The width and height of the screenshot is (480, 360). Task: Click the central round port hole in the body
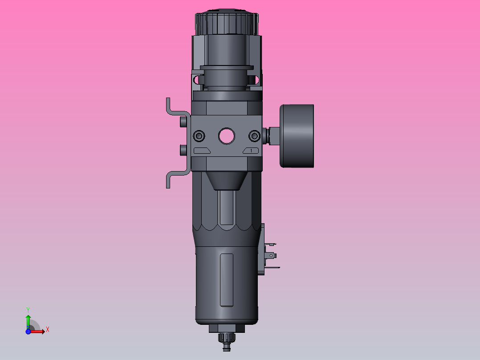227,135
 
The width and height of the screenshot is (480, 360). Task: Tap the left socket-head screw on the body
199,135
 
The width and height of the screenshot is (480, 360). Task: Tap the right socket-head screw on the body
254,135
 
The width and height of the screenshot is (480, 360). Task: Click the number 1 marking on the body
251,151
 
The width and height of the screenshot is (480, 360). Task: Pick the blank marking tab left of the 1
202,151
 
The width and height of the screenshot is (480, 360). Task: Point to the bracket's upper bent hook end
168,103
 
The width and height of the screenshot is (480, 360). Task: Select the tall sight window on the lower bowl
227,280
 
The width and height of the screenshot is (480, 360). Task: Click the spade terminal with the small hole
272,256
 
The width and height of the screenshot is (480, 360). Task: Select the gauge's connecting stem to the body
272,135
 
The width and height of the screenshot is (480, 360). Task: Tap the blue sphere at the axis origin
28,331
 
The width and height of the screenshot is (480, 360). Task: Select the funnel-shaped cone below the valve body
227,180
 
